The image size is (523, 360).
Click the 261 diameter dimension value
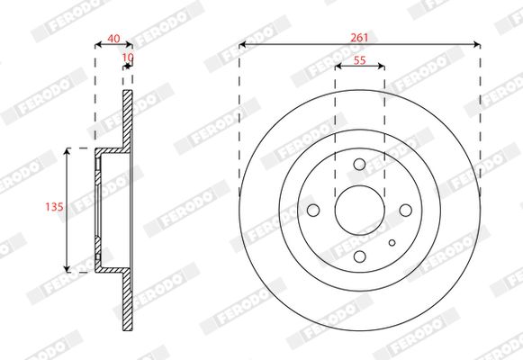[359, 38]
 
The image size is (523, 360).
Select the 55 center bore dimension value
[359, 60]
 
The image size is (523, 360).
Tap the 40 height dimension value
[113, 39]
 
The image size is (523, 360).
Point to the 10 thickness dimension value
[128, 58]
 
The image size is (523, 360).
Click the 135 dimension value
[54, 207]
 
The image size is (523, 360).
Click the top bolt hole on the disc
[359, 165]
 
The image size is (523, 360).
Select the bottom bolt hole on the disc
[359, 256]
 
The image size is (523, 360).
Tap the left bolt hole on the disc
[313, 211]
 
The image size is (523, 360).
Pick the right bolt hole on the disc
[406, 211]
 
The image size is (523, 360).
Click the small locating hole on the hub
[392, 243]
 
